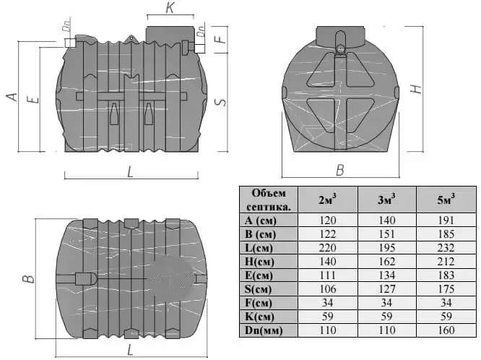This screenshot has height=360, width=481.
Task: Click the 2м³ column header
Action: (x=327, y=200)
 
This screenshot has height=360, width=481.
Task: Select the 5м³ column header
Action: (x=446, y=200)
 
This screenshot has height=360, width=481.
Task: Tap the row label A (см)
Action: (x=261, y=220)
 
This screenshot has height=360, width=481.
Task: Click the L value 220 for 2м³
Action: (x=327, y=247)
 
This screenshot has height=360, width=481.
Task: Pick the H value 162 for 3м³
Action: (x=386, y=262)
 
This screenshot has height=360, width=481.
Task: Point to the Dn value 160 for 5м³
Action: (x=446, y=330)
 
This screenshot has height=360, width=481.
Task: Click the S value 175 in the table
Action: (x=446, y=289)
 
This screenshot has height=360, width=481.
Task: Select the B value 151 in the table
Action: (x=386, y=234)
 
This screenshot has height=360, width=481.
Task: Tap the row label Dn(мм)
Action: (x=264, y=330)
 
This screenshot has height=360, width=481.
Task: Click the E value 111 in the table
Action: (x=327, y=275)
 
